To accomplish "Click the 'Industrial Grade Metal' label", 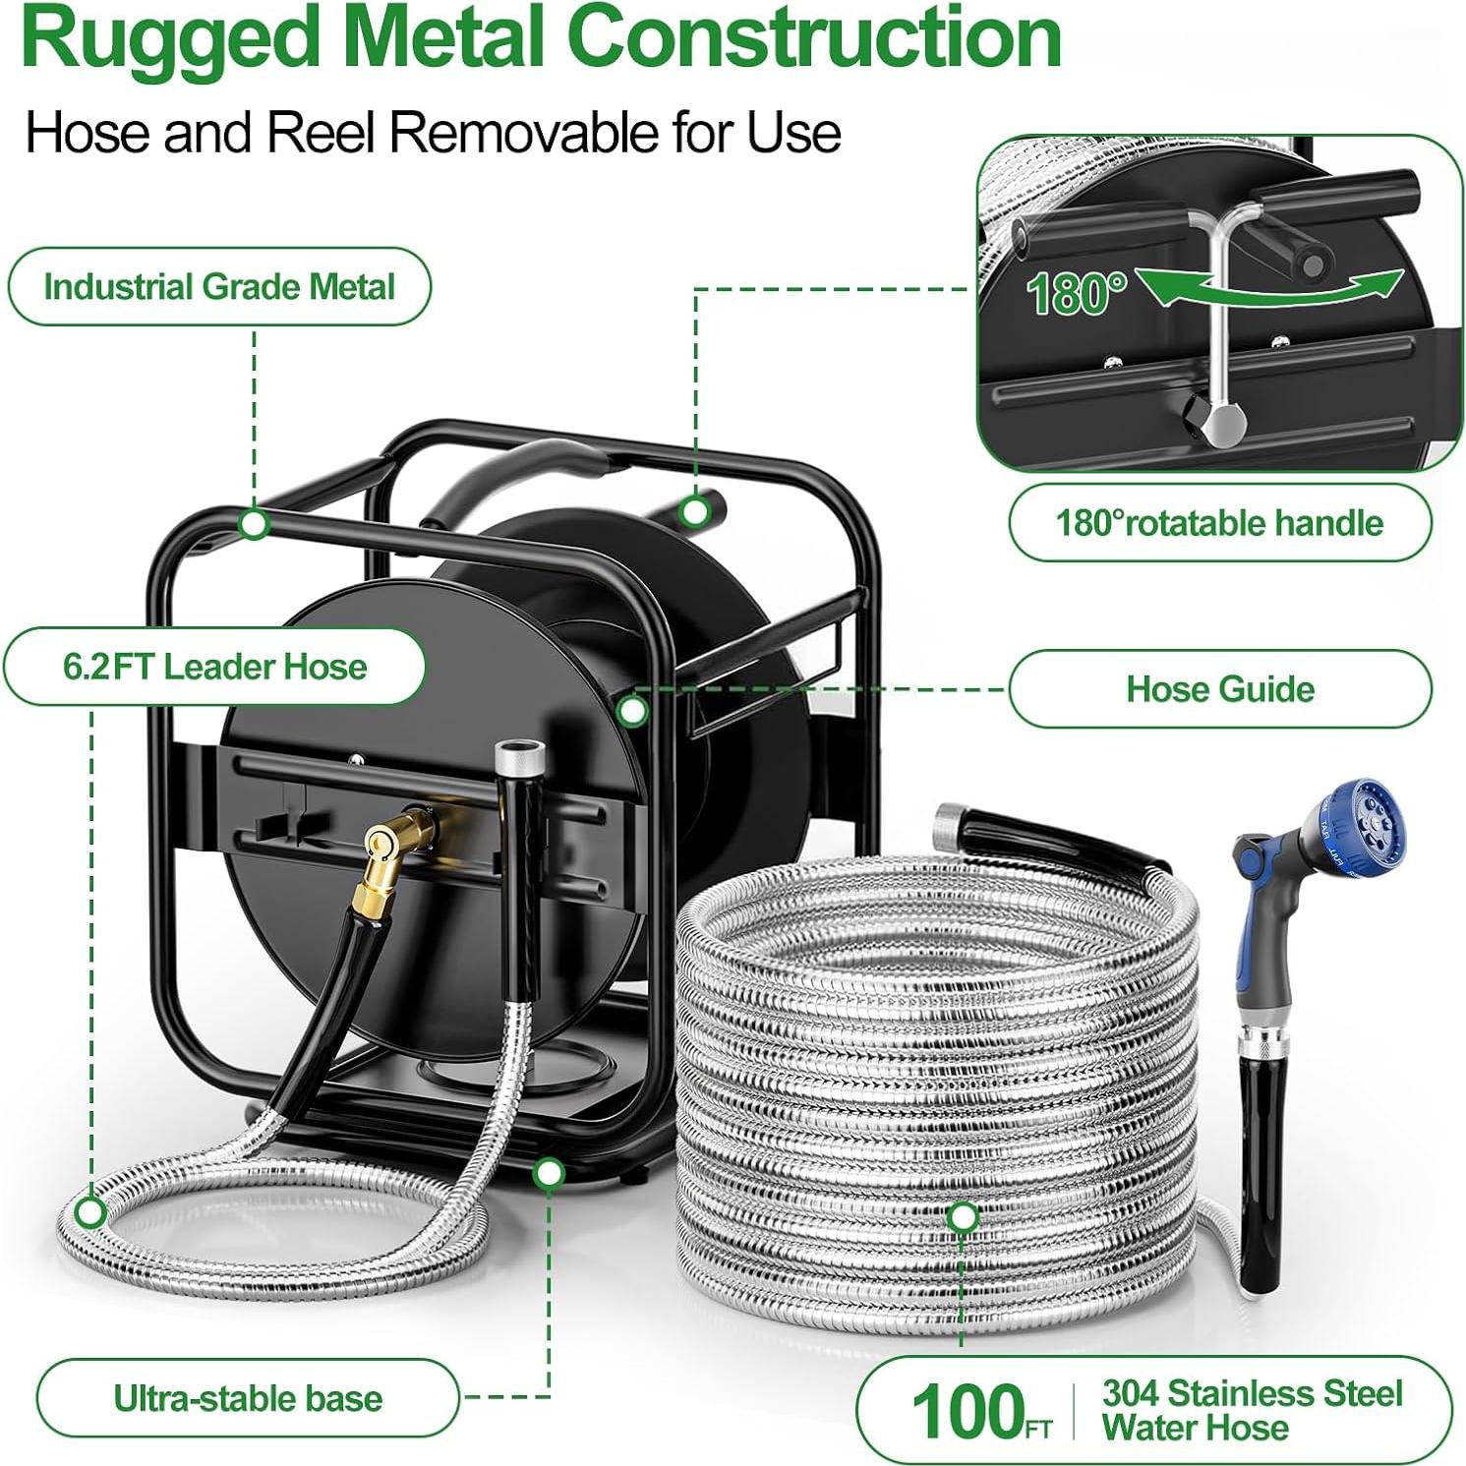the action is tap(219, 286).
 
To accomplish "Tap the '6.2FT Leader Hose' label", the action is tap(214, 667).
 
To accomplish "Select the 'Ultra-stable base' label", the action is tap(248, 1398).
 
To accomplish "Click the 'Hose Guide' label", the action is tap(1220, 688).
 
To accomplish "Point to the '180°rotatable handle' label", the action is tap(1220, 522).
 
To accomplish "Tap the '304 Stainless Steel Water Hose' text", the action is tap(1252, 1410).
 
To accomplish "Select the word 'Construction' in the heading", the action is tap(815, 36).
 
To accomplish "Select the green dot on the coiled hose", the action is tap(963, 1217).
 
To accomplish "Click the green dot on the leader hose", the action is tap(90, 1212).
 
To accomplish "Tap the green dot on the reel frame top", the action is tap(255, 523).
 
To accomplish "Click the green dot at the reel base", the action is tap(549, 1172).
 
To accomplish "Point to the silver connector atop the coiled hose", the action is tap(951, 818).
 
